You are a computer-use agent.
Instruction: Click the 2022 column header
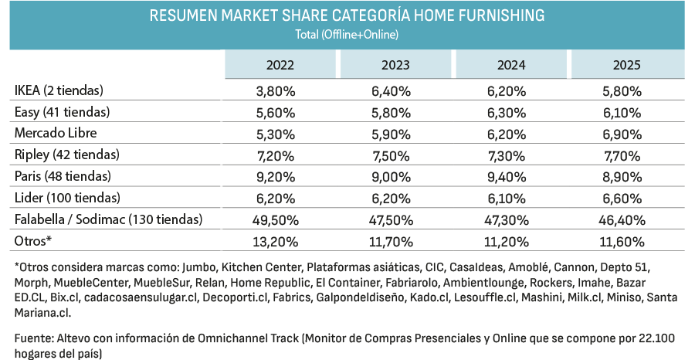[280, 65]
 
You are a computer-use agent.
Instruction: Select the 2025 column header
[627, 65]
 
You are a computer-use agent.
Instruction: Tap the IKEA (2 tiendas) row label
[59, 90]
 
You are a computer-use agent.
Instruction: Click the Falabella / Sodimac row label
[109, 219]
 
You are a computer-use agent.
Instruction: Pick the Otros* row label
[33, 241]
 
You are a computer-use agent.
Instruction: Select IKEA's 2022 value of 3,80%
[275, 91]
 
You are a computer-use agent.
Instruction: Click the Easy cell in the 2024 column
[507, 113]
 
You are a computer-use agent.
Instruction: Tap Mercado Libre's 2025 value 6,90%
[622, 134]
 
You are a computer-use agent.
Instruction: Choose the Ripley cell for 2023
[391, 156]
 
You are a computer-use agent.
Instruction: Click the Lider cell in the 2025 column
[622, 199]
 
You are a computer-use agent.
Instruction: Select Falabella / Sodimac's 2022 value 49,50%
[275, 220]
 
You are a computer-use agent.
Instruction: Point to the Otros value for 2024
[507, 242]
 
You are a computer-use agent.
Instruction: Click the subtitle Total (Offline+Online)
[347, 35]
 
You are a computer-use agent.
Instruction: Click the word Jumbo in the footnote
[199, 268]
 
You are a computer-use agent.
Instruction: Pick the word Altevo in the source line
[70, 338]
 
